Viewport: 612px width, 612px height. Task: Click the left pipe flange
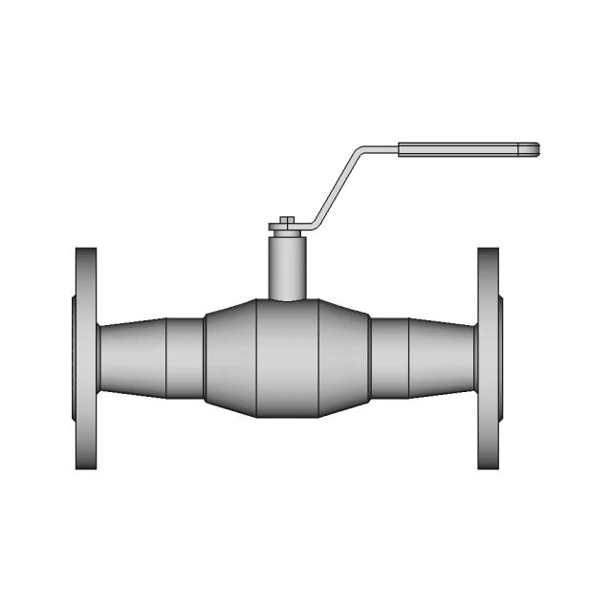86,359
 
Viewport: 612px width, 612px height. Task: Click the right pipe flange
489,359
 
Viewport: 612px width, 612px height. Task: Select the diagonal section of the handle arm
334,187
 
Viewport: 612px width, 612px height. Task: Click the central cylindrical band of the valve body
286,359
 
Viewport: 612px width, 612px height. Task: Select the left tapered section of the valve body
230,359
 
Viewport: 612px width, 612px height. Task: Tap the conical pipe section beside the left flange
133,359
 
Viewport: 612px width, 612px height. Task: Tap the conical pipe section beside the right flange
444,359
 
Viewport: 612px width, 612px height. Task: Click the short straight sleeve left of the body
186,359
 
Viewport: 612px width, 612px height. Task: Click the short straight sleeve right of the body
390,359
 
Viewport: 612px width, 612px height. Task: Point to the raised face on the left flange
74,359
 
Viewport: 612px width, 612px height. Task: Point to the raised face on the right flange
501,359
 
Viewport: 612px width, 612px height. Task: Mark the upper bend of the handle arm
359,150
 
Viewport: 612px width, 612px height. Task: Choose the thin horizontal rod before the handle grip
380,148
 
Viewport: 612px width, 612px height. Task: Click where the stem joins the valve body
286,298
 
